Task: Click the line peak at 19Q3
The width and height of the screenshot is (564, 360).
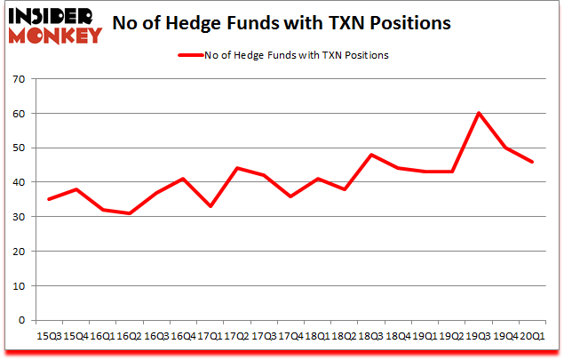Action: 479,113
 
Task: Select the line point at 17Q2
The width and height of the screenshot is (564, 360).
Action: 238,168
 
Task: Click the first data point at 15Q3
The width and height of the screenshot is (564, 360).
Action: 49,199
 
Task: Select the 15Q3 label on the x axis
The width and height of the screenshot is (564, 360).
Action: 49,337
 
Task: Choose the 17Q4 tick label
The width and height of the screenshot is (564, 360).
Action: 290,337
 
